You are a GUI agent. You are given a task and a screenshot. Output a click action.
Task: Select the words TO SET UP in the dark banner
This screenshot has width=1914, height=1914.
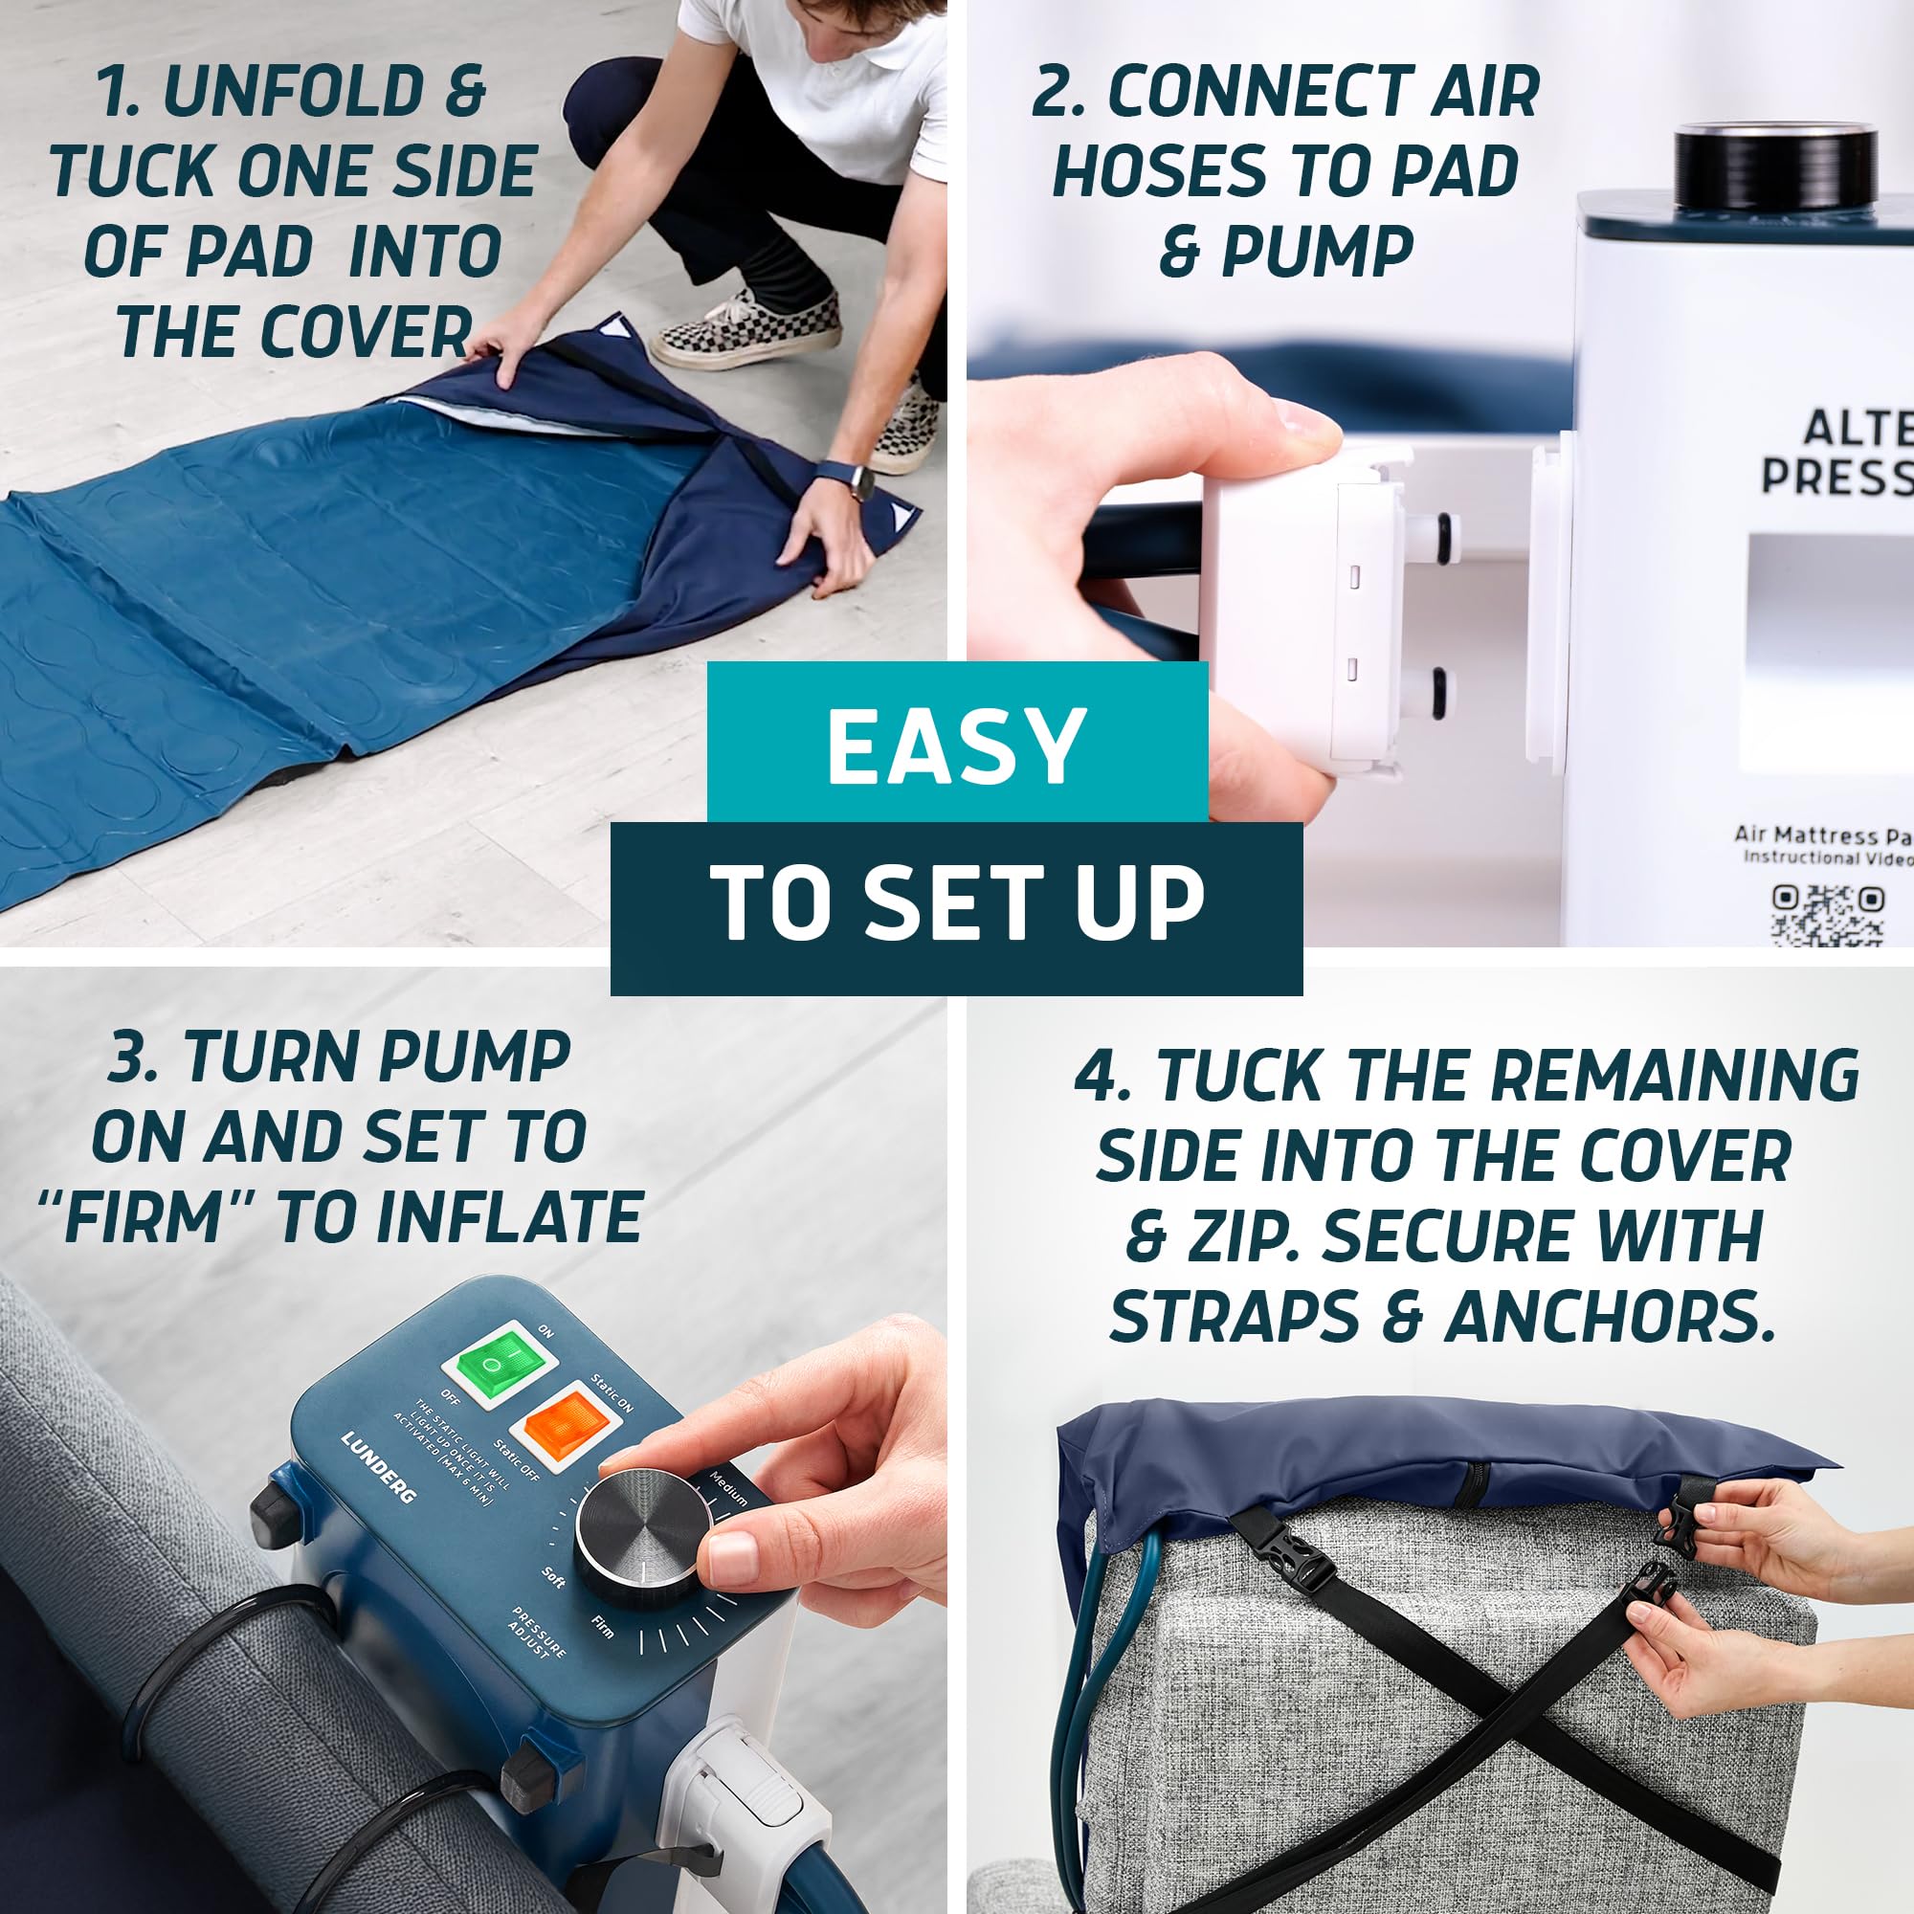957,902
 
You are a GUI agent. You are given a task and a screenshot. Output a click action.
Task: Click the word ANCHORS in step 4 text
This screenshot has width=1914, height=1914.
1609,1317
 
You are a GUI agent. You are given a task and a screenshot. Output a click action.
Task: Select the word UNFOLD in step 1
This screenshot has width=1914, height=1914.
293,92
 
